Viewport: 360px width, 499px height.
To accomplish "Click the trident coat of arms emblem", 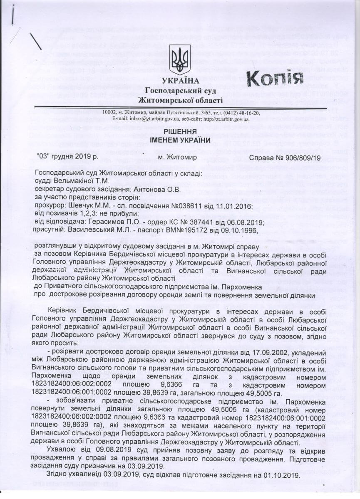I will click(x=180, y=59).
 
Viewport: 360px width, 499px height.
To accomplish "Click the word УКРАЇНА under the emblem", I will click(x=180, y=81).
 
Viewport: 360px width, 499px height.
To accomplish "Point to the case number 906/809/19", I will click(x=303, y=158).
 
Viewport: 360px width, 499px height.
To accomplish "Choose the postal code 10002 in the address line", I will click(x=111, y=113).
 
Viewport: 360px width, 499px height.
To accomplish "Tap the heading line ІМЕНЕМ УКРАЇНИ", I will click(x=180, y=140).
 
